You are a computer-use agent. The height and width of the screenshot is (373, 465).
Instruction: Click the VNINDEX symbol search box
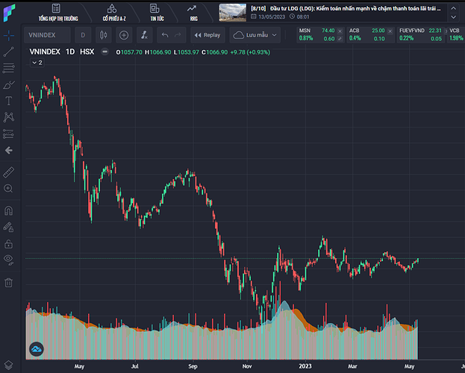pyautogui.click(x=48, y=35)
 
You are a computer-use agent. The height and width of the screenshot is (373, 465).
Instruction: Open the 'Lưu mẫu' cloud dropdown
pyautogui.click(x=255, y=35)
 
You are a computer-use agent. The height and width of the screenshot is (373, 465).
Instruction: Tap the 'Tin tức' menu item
pyautogui.click(x=157, y=12)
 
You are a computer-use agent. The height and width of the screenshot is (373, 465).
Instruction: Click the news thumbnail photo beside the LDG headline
pyautogui.click(x=233, y=13)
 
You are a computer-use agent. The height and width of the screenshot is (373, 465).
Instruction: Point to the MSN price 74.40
pyautogui.click(x=328, y=30)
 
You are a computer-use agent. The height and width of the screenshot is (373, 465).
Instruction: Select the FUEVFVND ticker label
pyautogui.click(x=412, y=30)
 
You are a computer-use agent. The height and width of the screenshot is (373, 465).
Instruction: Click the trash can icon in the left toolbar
pyautogui.click(x=9, y=283)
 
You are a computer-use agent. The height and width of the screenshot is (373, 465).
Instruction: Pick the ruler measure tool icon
pyautogui.click(x=9, y=171)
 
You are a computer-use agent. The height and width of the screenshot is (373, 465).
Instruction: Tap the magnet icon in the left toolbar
pyautogui.click(x=9, y=210)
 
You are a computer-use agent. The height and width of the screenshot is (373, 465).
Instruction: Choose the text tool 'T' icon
pyautogui.click(x=9, y=101)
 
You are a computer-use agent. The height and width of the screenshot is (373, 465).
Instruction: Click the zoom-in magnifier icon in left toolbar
pyautogui.click(x=9, y=188)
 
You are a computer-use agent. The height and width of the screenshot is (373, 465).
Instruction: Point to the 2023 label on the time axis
pyautogui.click(x=305, y=366)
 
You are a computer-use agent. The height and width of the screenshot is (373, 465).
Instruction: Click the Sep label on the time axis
pyautogui.click(x=193, y=366)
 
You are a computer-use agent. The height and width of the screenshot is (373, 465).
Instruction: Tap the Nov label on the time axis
pyautogui.click(x=247, y=366)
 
